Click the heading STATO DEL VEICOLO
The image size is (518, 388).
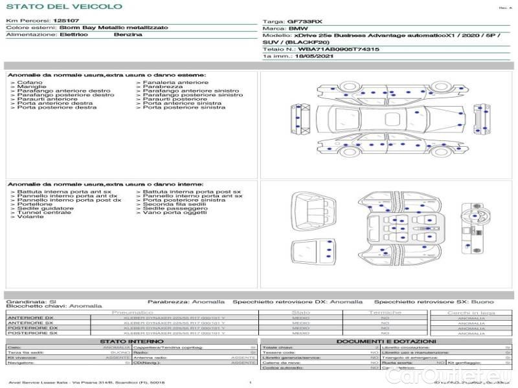pyautogui.click(x=63, y=6)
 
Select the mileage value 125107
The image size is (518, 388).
pyautogui.click(x=66, y=21)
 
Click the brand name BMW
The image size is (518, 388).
pyautogui.click(x=298, y=28)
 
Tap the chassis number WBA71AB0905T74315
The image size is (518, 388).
pyautogui.click(x=339, y=49)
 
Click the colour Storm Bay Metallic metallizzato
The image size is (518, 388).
pyautogui.click(x=113, y=28)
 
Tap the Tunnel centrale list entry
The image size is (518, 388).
pyautogui.click(x=43, y=213)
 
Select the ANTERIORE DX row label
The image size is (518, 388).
pyautogui.click(x=30, y=318)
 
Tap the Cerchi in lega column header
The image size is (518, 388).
pyautogui.click(x=471, y=312)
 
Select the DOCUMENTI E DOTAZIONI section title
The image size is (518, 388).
pyautogui.click(x=386, y=341)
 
